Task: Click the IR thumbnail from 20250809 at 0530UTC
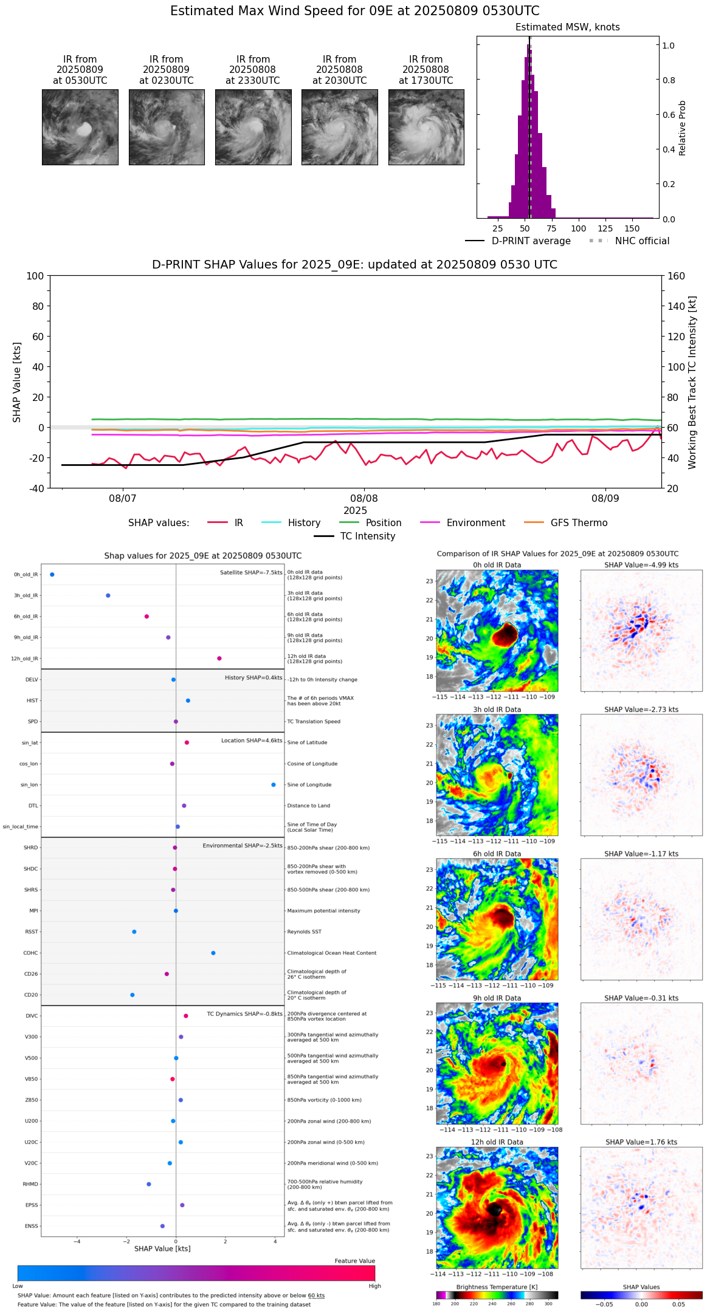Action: point(80,127)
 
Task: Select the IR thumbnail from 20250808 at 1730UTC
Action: point(426,127)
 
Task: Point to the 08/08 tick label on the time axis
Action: point(364,499)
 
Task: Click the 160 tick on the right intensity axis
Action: point(676,276)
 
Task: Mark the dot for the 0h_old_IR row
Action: point(52,575)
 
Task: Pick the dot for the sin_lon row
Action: point(274,785)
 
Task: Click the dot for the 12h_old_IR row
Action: point(219,659)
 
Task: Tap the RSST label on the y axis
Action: point(32,932)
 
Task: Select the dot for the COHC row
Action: point(213,953)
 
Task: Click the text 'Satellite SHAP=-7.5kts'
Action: point(251,573)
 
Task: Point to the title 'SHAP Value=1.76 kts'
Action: point(641,1142)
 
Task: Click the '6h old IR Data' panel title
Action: point(497,854)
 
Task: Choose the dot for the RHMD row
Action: point(149,1184)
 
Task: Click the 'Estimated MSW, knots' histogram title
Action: point(567,27)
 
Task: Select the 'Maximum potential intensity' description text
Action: point(323,911)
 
